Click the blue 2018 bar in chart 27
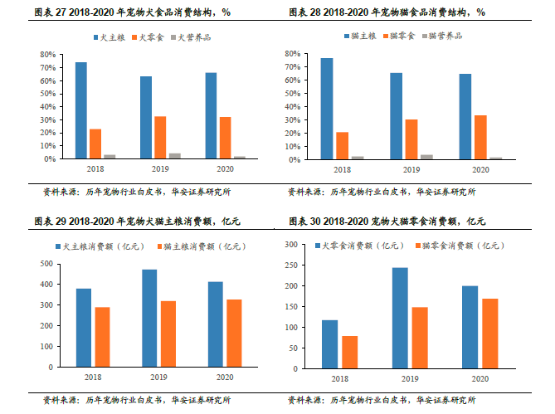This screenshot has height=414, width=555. tap(80, 110)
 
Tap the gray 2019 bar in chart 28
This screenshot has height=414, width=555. tap(427, 156)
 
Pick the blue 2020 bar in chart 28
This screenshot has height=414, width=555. tap(465, 116)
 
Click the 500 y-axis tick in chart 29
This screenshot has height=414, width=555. tap(46, 264)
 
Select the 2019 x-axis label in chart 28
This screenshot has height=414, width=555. tap(407, 170)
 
